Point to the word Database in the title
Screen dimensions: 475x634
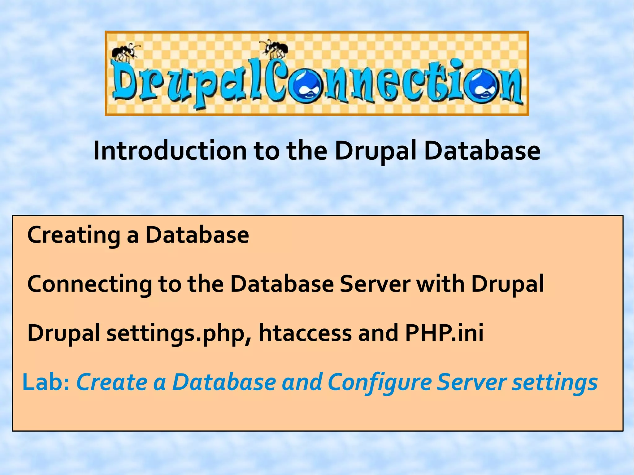pyautogui.click(x=482, y=151)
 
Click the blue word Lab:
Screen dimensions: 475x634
pyautogui.click(x=46, y=382)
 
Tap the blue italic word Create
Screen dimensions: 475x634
pyautogui.click(x=112, y=382)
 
